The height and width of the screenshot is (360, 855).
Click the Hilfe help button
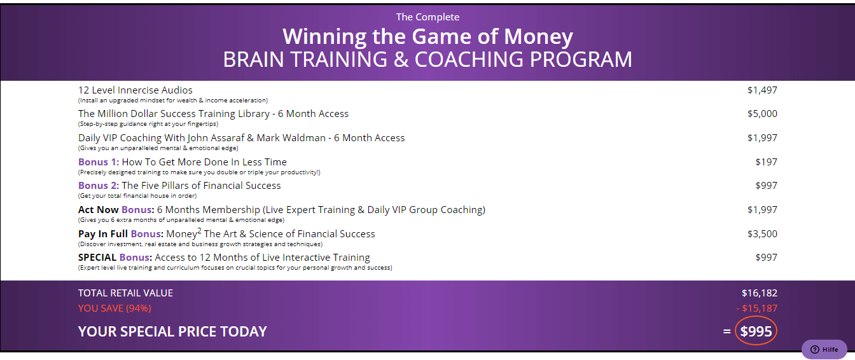pos(824,349)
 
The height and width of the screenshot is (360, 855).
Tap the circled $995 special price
pos(756,331)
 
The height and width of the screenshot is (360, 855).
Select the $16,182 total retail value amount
pos(759,293)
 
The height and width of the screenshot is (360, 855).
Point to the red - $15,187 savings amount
pos(756,308)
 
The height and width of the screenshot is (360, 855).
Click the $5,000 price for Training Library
pos(762,114)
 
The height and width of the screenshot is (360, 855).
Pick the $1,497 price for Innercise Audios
pos(762,90)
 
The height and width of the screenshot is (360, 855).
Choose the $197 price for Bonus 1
pos(766,162)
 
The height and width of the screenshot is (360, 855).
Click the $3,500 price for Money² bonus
pos(762,233)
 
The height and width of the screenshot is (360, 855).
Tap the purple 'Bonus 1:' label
pos(99,162)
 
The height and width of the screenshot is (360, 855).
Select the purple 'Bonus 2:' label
pos(99,186)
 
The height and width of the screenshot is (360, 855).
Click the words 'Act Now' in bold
pos(99,210)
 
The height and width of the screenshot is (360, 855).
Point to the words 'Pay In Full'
pos(103,233)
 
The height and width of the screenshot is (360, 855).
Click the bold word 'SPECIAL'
pos(97,258)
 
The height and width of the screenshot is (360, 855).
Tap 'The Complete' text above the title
pos(427,17)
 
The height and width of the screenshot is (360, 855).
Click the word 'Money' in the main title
pos(538,37)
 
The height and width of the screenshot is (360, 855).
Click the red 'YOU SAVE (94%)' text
pos(115,308)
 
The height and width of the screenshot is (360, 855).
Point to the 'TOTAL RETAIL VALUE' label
pos(125,293)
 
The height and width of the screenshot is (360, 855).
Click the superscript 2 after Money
pos(199,230)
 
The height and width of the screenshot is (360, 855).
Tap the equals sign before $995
pos(726,331)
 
